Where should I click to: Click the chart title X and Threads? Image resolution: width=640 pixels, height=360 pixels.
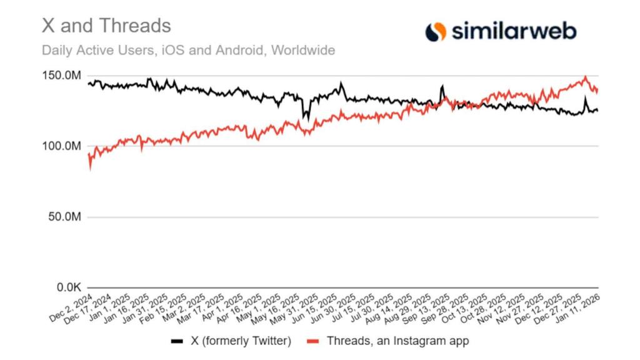[106, 26]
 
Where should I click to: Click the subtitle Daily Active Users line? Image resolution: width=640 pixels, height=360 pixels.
[188, 50]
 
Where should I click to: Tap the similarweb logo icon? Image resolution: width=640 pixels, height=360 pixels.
[436, 31]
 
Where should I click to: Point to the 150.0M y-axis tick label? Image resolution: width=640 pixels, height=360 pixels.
[61, 76]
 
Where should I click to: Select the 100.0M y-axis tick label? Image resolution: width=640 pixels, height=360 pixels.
[61, 146]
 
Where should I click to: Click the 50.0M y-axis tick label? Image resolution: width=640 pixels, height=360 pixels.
[64, 217]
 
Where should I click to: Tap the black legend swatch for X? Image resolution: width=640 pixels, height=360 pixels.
[176, 341]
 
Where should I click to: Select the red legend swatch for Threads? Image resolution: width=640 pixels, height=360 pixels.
[312, 341]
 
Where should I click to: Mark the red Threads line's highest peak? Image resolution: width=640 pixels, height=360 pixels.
[585, 77]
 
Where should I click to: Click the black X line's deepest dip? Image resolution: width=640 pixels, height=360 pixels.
[307, 119]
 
